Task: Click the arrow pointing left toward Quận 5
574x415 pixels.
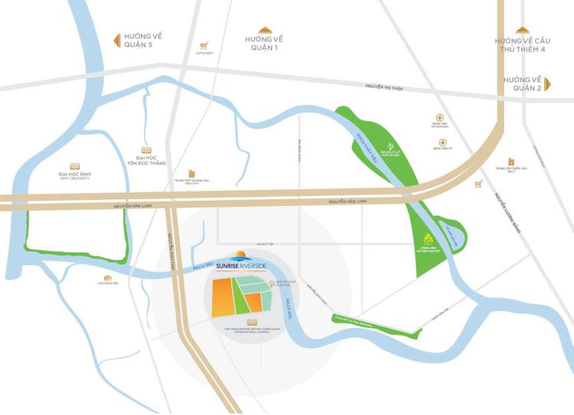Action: coord(118,40)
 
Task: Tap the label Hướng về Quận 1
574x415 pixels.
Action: coord(265,44)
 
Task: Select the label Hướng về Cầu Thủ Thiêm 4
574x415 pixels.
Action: coord(523,45)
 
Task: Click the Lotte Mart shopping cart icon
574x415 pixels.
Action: coord(204,46)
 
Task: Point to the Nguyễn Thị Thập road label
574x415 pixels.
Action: coord(383,88)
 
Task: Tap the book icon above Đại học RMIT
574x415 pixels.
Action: coord(74,166)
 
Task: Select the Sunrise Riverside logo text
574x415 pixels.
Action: coord(240,265)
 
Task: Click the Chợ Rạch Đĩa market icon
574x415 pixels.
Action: coord(108,277)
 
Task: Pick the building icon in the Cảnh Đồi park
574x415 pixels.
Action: coord(429,239)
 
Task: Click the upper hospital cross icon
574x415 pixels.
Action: coord(439,117)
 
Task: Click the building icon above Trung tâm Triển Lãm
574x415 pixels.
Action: coord(510,162)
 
